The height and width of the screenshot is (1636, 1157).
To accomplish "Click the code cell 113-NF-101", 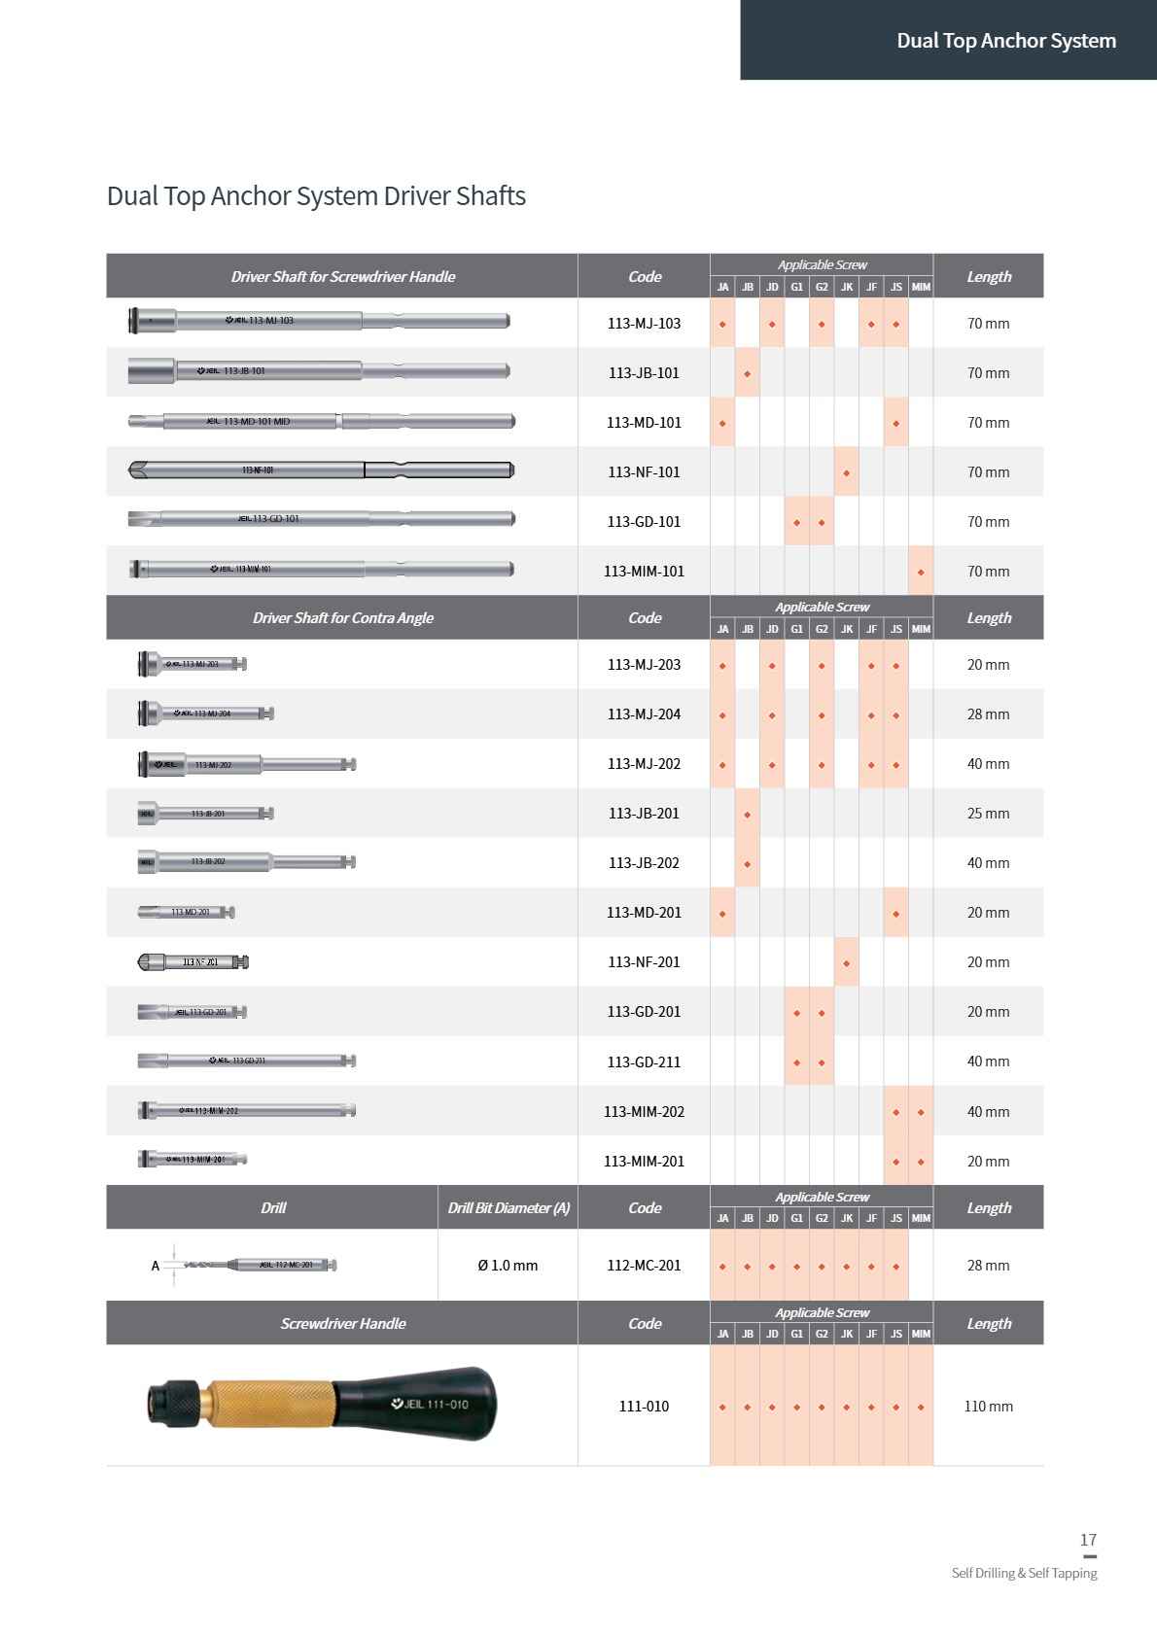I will [644, 472].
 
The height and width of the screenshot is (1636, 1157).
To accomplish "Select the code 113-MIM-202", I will [644, 1111].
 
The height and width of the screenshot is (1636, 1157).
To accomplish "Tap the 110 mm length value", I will [988, 1407].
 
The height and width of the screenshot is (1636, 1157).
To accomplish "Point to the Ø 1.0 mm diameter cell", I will [508, 1266].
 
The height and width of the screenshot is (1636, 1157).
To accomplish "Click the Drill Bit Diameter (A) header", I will [508, 1208].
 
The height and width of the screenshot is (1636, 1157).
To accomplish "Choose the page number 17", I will [1088, 1540].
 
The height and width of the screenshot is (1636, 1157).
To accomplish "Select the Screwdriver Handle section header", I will [342, 1324].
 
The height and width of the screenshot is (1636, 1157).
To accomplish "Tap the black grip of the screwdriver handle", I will [428, 1404].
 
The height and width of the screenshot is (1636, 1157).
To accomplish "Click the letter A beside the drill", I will [156, 1266].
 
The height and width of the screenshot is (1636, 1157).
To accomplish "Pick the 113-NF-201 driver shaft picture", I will [193, 962].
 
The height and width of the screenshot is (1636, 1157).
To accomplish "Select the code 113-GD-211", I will [644, 1062].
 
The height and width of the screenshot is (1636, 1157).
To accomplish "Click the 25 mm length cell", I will [988, 814].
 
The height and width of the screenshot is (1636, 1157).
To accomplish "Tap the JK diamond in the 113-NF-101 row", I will [846, 473].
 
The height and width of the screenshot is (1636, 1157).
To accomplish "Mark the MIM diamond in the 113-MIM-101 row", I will [921, 573].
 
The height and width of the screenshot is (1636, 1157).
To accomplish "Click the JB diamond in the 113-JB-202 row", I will [747, 863].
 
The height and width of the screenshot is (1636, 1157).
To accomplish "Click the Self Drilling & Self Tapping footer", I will [1024, 1573].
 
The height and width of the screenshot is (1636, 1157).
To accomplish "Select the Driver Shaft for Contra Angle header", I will [342, 618].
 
